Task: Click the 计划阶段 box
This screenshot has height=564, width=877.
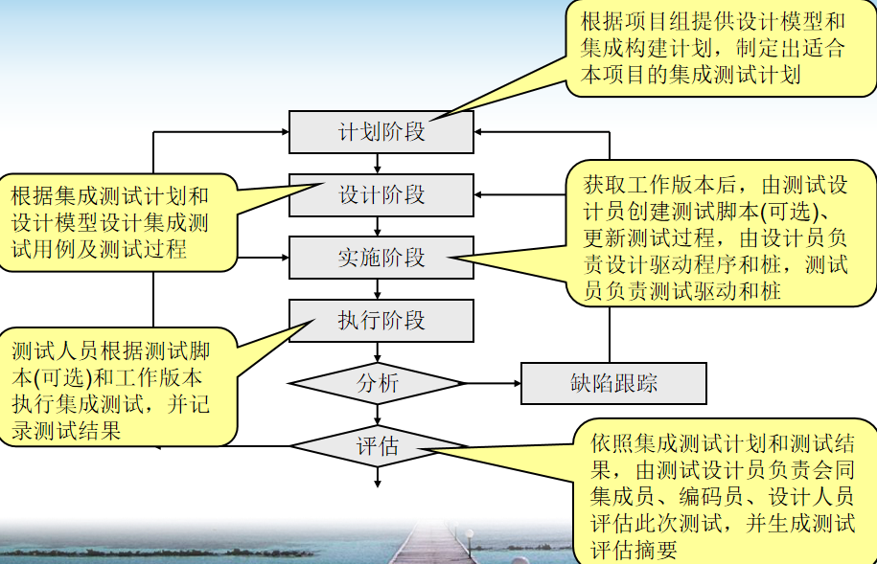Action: click(x=381, y=131)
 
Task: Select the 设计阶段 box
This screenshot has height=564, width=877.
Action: click(x=381, y=194)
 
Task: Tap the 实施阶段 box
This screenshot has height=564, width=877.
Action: click(x=381, y=258)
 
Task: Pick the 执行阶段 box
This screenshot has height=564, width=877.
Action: click(x=381, y=320)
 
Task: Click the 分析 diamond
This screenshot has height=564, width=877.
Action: click(x=378, y=384)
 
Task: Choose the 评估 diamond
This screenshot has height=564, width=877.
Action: click(x=378, y=445)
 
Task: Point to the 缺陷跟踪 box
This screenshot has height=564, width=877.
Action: click(x=613, y=384)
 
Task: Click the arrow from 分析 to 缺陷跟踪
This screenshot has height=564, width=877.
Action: click(x=493, y=384)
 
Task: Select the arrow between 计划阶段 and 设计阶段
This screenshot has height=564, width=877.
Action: click(x=380, y=163)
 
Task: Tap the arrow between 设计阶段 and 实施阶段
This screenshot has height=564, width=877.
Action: click(x=380, y=226)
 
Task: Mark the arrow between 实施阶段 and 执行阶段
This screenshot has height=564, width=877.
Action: click(x=380, y=289)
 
